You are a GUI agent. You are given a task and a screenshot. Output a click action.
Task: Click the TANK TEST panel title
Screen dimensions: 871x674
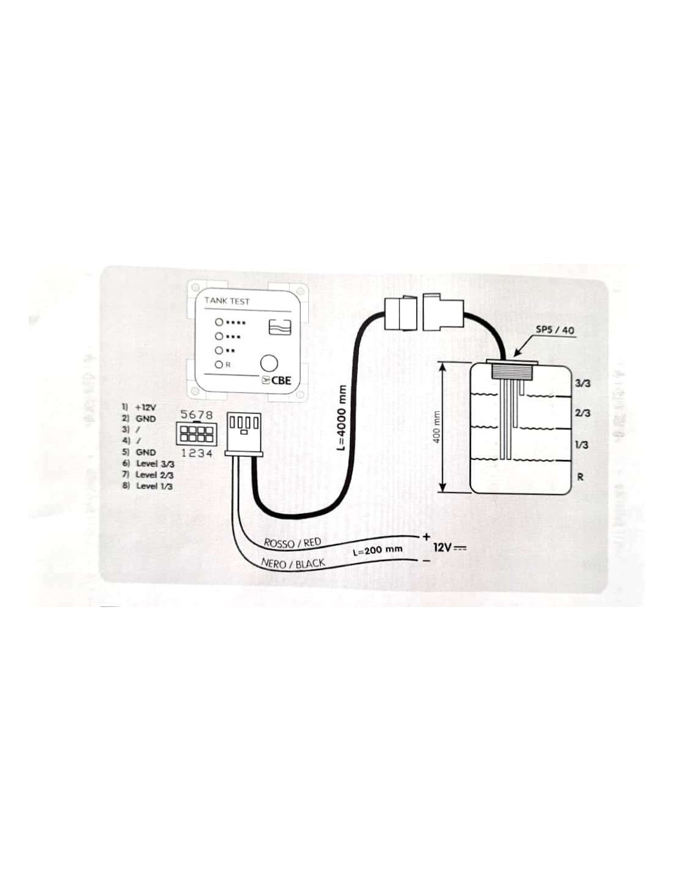click(227, 301)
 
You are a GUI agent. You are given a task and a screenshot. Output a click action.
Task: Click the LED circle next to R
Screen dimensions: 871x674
click(218, 365)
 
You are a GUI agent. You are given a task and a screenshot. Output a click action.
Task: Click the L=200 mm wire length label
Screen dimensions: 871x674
click(378, 549)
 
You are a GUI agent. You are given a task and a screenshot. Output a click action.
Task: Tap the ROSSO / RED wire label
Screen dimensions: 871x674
click(292, 542)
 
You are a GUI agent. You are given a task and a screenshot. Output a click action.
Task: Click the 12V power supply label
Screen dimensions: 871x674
click(449, 547)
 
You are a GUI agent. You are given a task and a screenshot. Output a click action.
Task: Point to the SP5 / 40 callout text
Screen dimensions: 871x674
click(555, 330)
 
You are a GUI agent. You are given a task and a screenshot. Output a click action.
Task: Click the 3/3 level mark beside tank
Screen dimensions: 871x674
click(582, 383)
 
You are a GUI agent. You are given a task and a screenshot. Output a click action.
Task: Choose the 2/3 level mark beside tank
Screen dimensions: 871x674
click(582, 413)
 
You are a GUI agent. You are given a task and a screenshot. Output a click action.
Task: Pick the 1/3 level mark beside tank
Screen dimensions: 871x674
click(582, 445)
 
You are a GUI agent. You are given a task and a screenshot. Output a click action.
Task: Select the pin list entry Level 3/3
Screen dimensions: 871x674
click(154, 464)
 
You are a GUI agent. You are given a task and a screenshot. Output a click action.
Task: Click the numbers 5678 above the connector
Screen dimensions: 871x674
click(197, 415)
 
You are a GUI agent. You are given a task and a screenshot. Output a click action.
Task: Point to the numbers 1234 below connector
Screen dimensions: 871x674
click(197, 453)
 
